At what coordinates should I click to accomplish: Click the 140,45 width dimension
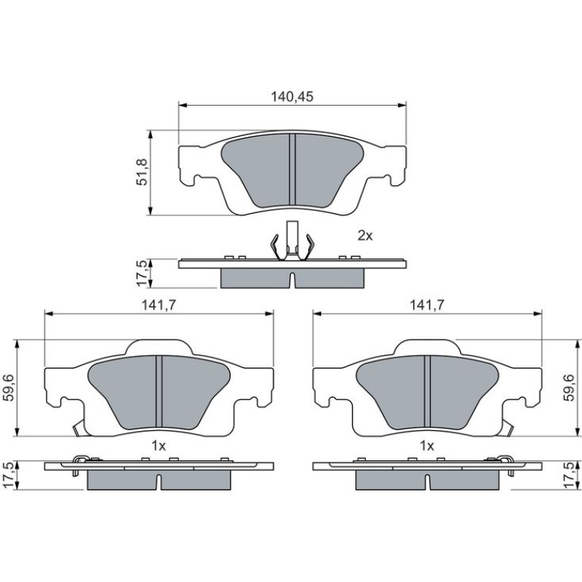click(292, 97)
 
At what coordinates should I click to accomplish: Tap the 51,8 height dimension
click(142, 172)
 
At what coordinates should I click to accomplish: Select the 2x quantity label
click(365, 235)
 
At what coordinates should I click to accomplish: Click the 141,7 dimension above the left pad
click(159, 305)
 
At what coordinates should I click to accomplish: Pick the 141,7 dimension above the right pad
click(426, 305)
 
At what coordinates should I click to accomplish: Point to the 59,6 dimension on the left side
click(10, 388)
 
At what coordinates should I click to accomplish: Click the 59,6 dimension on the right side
click(569, 388)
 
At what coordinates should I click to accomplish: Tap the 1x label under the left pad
click(159, 445)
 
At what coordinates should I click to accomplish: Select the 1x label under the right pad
click(426, 445)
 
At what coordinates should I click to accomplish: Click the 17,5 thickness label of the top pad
click(142, 273)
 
